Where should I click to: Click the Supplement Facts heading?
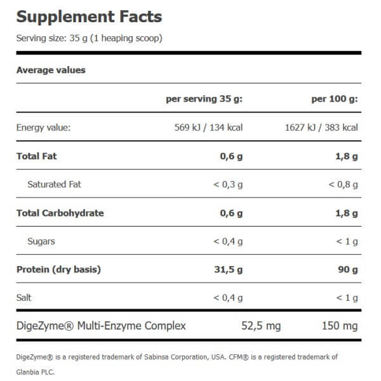coord(89,17)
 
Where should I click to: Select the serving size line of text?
coord(89,38)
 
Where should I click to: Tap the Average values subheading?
coord(51,70)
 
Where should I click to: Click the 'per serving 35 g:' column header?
coord(204,99)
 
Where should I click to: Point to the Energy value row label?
coord(43,128)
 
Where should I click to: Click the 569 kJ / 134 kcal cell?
coord(208,128)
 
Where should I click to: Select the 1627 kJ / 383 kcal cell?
coord(322,128)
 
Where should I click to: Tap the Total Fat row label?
coord(37,156)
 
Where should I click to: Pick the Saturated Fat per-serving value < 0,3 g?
coord(228,184)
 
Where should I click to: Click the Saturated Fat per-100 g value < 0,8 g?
coord(343,184)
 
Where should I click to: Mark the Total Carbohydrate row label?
coord(60,213)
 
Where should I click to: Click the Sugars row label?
coord(41,241)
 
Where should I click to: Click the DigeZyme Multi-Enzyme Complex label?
coord(101,326)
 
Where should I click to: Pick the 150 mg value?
coord(340,326)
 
